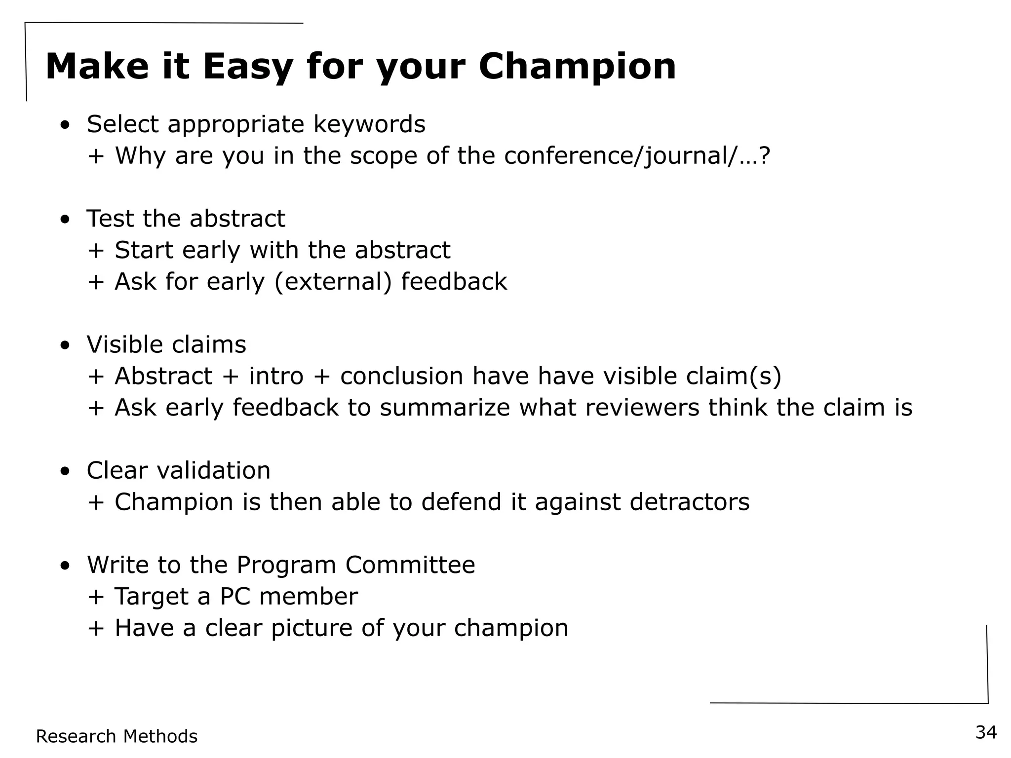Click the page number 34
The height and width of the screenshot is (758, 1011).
986,732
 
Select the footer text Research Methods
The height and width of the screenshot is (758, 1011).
117,736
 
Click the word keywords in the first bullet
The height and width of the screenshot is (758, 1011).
369,124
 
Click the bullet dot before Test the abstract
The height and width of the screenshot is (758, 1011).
65,220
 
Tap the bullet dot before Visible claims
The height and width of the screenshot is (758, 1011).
65,346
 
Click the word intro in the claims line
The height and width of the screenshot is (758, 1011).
276,376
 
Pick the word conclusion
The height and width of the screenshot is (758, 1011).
401,376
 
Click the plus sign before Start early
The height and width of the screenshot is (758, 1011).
96,251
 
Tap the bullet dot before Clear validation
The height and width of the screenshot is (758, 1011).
65,472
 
